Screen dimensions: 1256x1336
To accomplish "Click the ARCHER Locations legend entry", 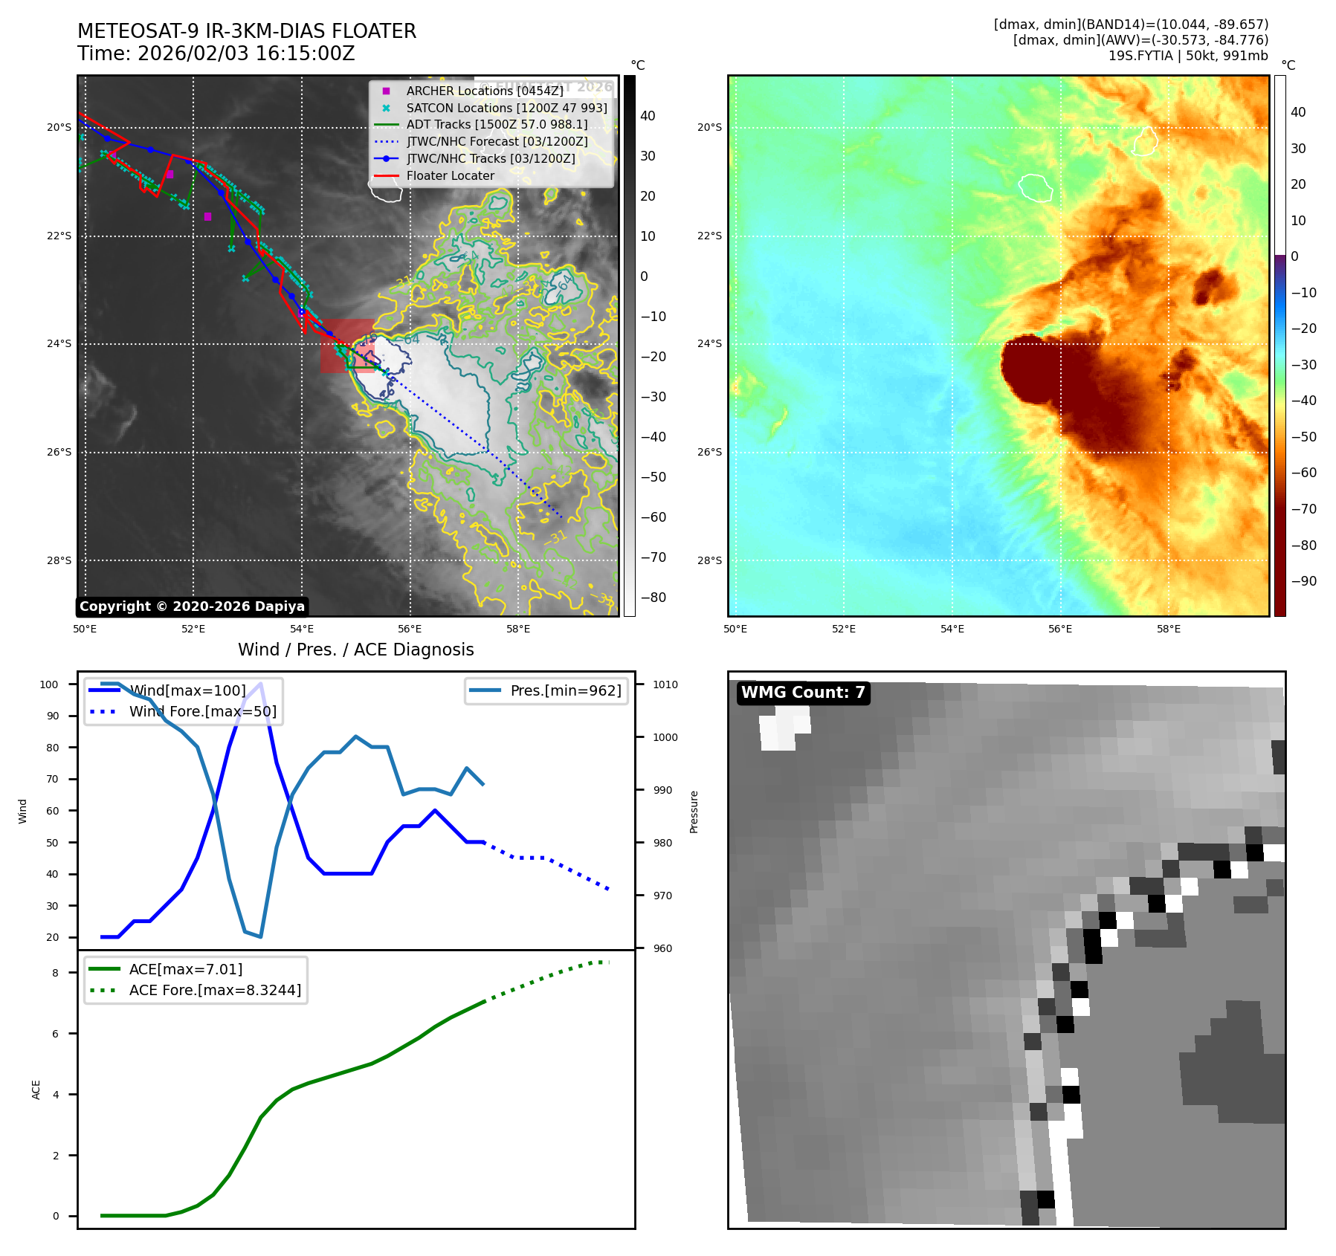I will tap(484, 91).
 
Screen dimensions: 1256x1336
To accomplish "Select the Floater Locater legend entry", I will tap(450, 175).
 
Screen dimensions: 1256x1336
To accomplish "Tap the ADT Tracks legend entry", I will tap(497, 124).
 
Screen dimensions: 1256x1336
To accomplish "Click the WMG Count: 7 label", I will tap(803, 693).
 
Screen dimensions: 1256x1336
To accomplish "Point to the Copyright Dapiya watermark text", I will tap(192, 606).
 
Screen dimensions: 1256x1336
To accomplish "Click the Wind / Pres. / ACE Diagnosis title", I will tap(355, 650).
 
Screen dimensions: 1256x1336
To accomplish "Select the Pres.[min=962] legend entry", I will tap(565, 690).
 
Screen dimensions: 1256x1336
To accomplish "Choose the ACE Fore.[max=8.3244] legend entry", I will tap(215, 990).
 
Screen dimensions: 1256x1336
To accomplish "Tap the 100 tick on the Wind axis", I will tap(49, 684).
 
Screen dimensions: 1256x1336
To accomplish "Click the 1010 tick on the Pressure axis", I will tap(665, 684).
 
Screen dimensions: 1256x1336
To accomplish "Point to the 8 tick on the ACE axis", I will tap(55, 973).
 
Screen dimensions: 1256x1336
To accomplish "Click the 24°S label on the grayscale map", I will tap(59, 344).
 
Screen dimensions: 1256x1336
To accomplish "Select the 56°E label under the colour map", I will tap(1060, 629).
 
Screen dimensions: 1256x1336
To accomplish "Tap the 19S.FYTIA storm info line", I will tap(1187, 56).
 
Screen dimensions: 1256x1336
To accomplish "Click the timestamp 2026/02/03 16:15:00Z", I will tap(246, 54).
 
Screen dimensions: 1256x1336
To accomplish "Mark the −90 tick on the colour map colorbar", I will tap(1303, 581).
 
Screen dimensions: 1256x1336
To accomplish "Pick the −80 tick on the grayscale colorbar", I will tap(653, 598).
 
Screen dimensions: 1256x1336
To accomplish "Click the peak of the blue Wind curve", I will tap(260, 684).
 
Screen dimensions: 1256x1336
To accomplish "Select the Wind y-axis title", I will tap(23, 811).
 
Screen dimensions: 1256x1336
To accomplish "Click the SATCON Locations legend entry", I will tap(506, 108).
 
